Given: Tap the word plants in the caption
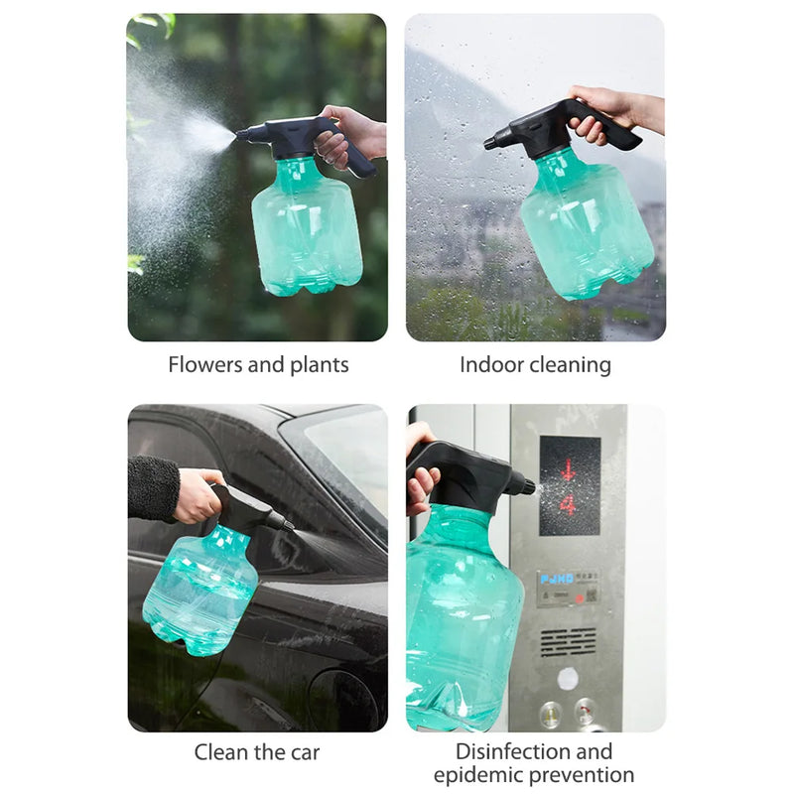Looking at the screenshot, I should (x=317, y=364).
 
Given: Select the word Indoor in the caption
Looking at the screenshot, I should (x=490, y=364).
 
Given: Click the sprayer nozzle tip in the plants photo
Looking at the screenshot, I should (x=239, y=133).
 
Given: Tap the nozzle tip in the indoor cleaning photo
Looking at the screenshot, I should (x=489, y=144).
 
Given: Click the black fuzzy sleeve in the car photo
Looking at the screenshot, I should (x=153, y=487).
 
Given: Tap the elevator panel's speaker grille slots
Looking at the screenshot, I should (x=569, y=641).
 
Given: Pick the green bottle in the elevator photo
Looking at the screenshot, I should (x=462, y=615).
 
